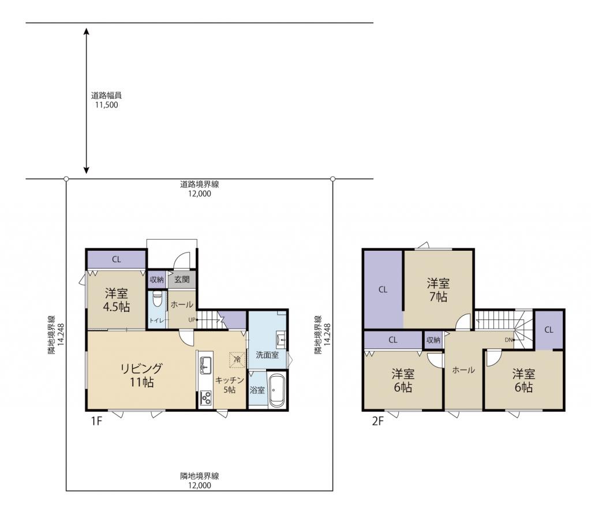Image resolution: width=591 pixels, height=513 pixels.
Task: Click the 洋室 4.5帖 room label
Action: tap(117, 300)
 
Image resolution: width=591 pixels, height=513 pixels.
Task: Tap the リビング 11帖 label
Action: tap(142, 375)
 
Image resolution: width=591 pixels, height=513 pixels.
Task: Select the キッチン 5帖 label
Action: tap(229, 385)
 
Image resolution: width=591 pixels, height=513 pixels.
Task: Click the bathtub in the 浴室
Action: tap(276, 391)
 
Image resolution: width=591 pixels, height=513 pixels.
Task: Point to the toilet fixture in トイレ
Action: tap(157, 300)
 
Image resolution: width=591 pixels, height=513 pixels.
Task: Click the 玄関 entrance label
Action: tap(182, 280)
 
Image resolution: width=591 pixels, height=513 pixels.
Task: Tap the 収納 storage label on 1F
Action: tap(157, 280)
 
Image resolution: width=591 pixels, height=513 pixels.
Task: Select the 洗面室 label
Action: tap(267, 355)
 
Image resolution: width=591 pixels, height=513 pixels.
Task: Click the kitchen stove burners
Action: tap(205, 398)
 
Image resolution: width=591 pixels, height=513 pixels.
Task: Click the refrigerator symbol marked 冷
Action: tap(237, 359)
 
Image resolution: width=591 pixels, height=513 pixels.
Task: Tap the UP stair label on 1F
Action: tap(192, 320)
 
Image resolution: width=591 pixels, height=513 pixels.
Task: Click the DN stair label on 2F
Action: tap(508, 340)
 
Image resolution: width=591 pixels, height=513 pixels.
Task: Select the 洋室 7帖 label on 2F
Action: tap(438, 290)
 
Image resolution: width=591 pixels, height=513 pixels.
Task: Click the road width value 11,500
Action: tap(106, 105)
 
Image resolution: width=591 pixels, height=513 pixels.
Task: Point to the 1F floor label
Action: tap(96, 421)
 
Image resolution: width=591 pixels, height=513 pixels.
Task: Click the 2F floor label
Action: tap(377, 421)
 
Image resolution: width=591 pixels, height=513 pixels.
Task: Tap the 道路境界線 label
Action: tap(199, 184)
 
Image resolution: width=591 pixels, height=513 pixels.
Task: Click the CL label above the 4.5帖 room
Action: tap(117, 259)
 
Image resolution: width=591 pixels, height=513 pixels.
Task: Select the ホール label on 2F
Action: tap(463, 370)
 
